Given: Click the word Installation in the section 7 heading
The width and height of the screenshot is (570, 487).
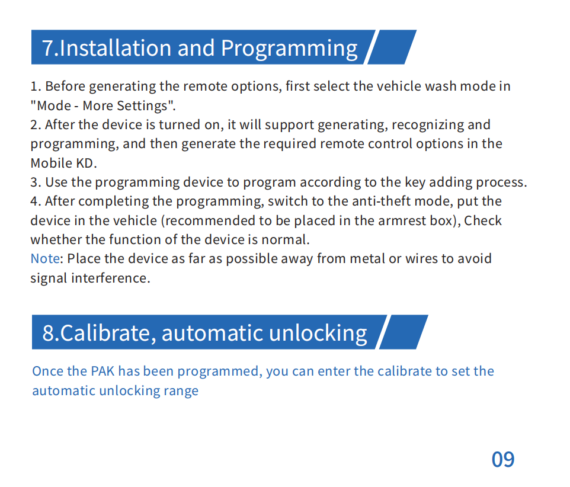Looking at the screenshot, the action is [x=115, y=48].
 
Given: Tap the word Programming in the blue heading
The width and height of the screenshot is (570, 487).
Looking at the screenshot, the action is [x=289, y=49].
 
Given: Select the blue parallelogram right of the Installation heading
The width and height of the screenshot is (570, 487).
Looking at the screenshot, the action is [x=392, y=47].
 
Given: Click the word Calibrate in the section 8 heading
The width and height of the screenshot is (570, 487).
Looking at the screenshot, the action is [x=105, y=333].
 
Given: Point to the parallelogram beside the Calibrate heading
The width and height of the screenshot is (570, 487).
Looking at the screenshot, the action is [x=404, y=332].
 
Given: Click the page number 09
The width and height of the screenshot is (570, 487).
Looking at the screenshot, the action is [x=503, y=459].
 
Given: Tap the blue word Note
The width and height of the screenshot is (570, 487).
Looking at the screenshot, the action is [x=45, y=259].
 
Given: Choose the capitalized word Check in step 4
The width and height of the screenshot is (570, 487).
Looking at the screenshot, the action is [x=483, y=221].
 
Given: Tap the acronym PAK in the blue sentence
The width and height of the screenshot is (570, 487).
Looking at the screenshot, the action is [x=103, y=371].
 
